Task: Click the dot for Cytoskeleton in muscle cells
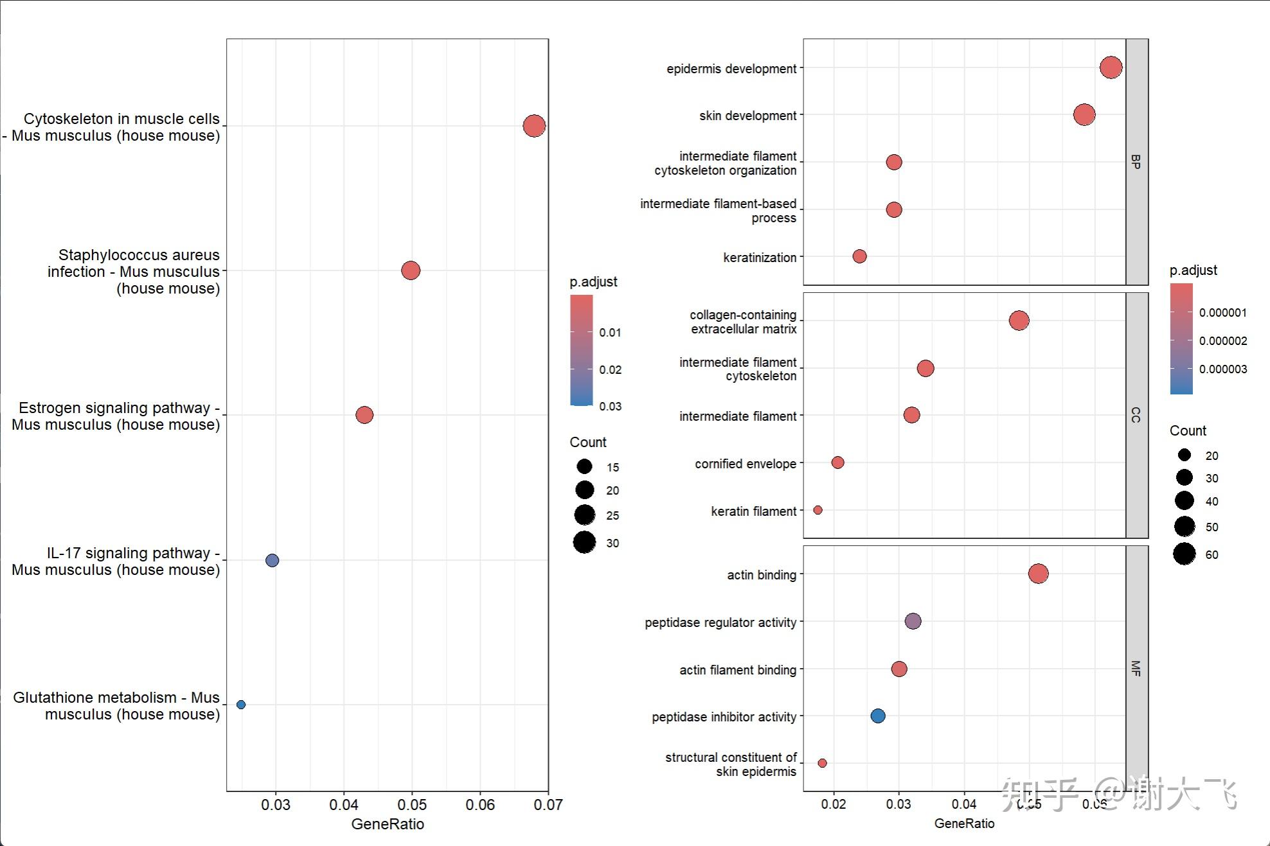(534, 126)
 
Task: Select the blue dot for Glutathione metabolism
(241, 705)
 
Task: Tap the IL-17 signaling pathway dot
(272, 560)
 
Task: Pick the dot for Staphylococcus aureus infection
(411, 270)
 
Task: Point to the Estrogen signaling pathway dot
(364, 415)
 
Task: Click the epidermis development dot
(1111, 67)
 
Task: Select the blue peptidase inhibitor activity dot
(878, 716)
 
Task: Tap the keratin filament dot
(818, 510)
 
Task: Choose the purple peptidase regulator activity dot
(913, 621)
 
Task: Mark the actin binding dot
(1038, 574)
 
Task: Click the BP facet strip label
(1136, 161)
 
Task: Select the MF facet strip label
(1136, 668)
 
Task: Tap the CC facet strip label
(1136, 415)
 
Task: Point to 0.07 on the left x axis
(548, 805)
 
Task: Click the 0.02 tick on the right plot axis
(834, 804)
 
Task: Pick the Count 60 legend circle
(1185, 554)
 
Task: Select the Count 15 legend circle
(584, 466)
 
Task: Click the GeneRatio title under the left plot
(388, 824)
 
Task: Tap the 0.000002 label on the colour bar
(1222, 341)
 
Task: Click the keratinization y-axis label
(760, 258)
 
